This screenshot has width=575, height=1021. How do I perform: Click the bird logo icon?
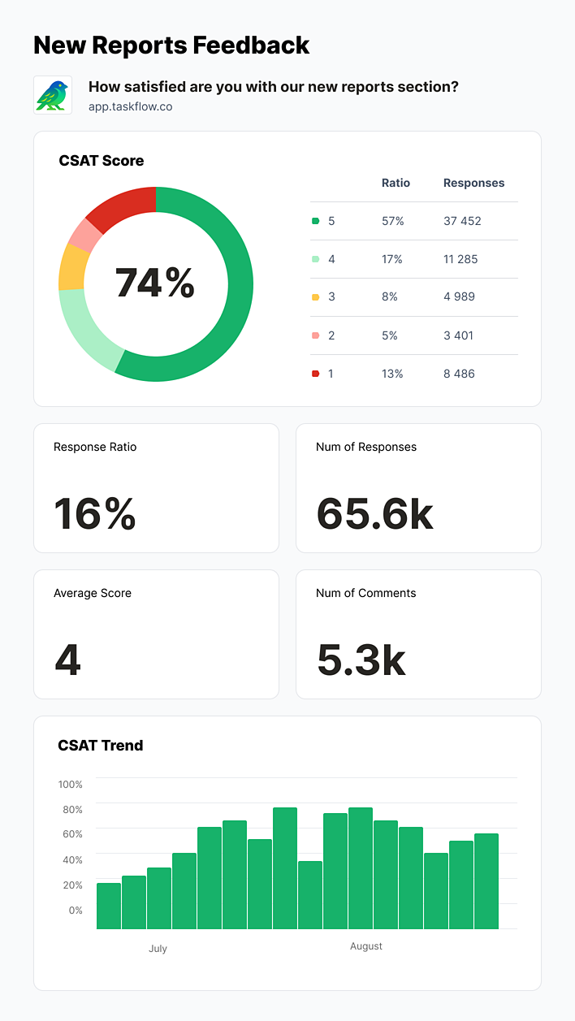click(53, 95)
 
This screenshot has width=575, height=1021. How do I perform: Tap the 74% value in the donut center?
click(155, 283)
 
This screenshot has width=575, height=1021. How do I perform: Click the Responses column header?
click(473, 183)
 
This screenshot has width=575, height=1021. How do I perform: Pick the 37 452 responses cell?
click(462, 221)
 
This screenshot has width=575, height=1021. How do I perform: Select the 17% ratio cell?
click(392, 259)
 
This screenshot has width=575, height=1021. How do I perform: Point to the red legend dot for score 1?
click(315, 374)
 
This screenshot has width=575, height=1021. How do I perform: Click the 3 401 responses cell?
click(459, 335)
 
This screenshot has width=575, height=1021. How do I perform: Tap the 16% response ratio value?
click(94, 514)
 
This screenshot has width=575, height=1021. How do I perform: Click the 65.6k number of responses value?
click(374, 514)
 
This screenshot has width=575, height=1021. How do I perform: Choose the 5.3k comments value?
click(361, 660)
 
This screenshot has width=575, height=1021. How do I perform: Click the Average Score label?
click(93, 593)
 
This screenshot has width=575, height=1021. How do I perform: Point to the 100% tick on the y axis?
click(71, 784)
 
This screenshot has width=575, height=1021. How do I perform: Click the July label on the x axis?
click(158, 948)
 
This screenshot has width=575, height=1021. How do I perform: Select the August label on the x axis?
click(366, 946)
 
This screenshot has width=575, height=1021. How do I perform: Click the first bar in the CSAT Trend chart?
click(109, 906)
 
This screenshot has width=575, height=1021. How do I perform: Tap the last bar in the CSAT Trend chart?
click(486, 881)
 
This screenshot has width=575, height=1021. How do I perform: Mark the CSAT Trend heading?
click(101, 745)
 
